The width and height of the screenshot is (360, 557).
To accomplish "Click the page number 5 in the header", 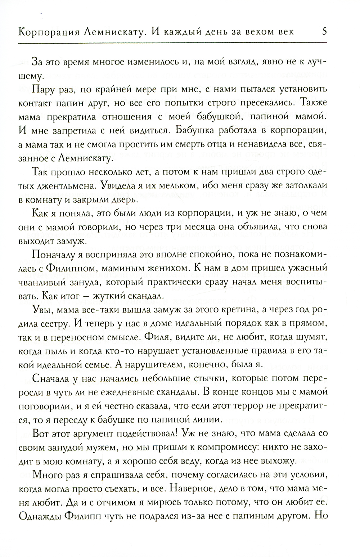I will (x=324, y=31).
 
